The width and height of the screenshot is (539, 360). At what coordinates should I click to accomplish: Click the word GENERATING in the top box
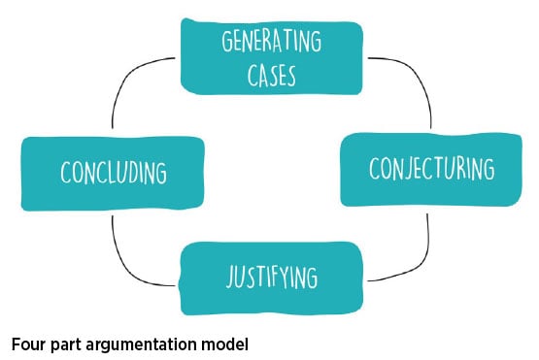tap(270, 44)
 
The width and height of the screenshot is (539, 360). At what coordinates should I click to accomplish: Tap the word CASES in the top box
tap(270, 73)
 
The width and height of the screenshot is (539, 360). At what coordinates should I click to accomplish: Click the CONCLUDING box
tap(114, 173)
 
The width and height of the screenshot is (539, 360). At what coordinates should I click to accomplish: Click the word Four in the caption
tap(29, 343)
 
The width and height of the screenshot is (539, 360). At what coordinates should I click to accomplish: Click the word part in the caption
tap(68, 343)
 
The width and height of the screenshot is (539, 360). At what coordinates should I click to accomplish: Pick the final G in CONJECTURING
tap(488, 168)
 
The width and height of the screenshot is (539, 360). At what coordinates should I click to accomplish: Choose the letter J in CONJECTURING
tap(411, 169)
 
